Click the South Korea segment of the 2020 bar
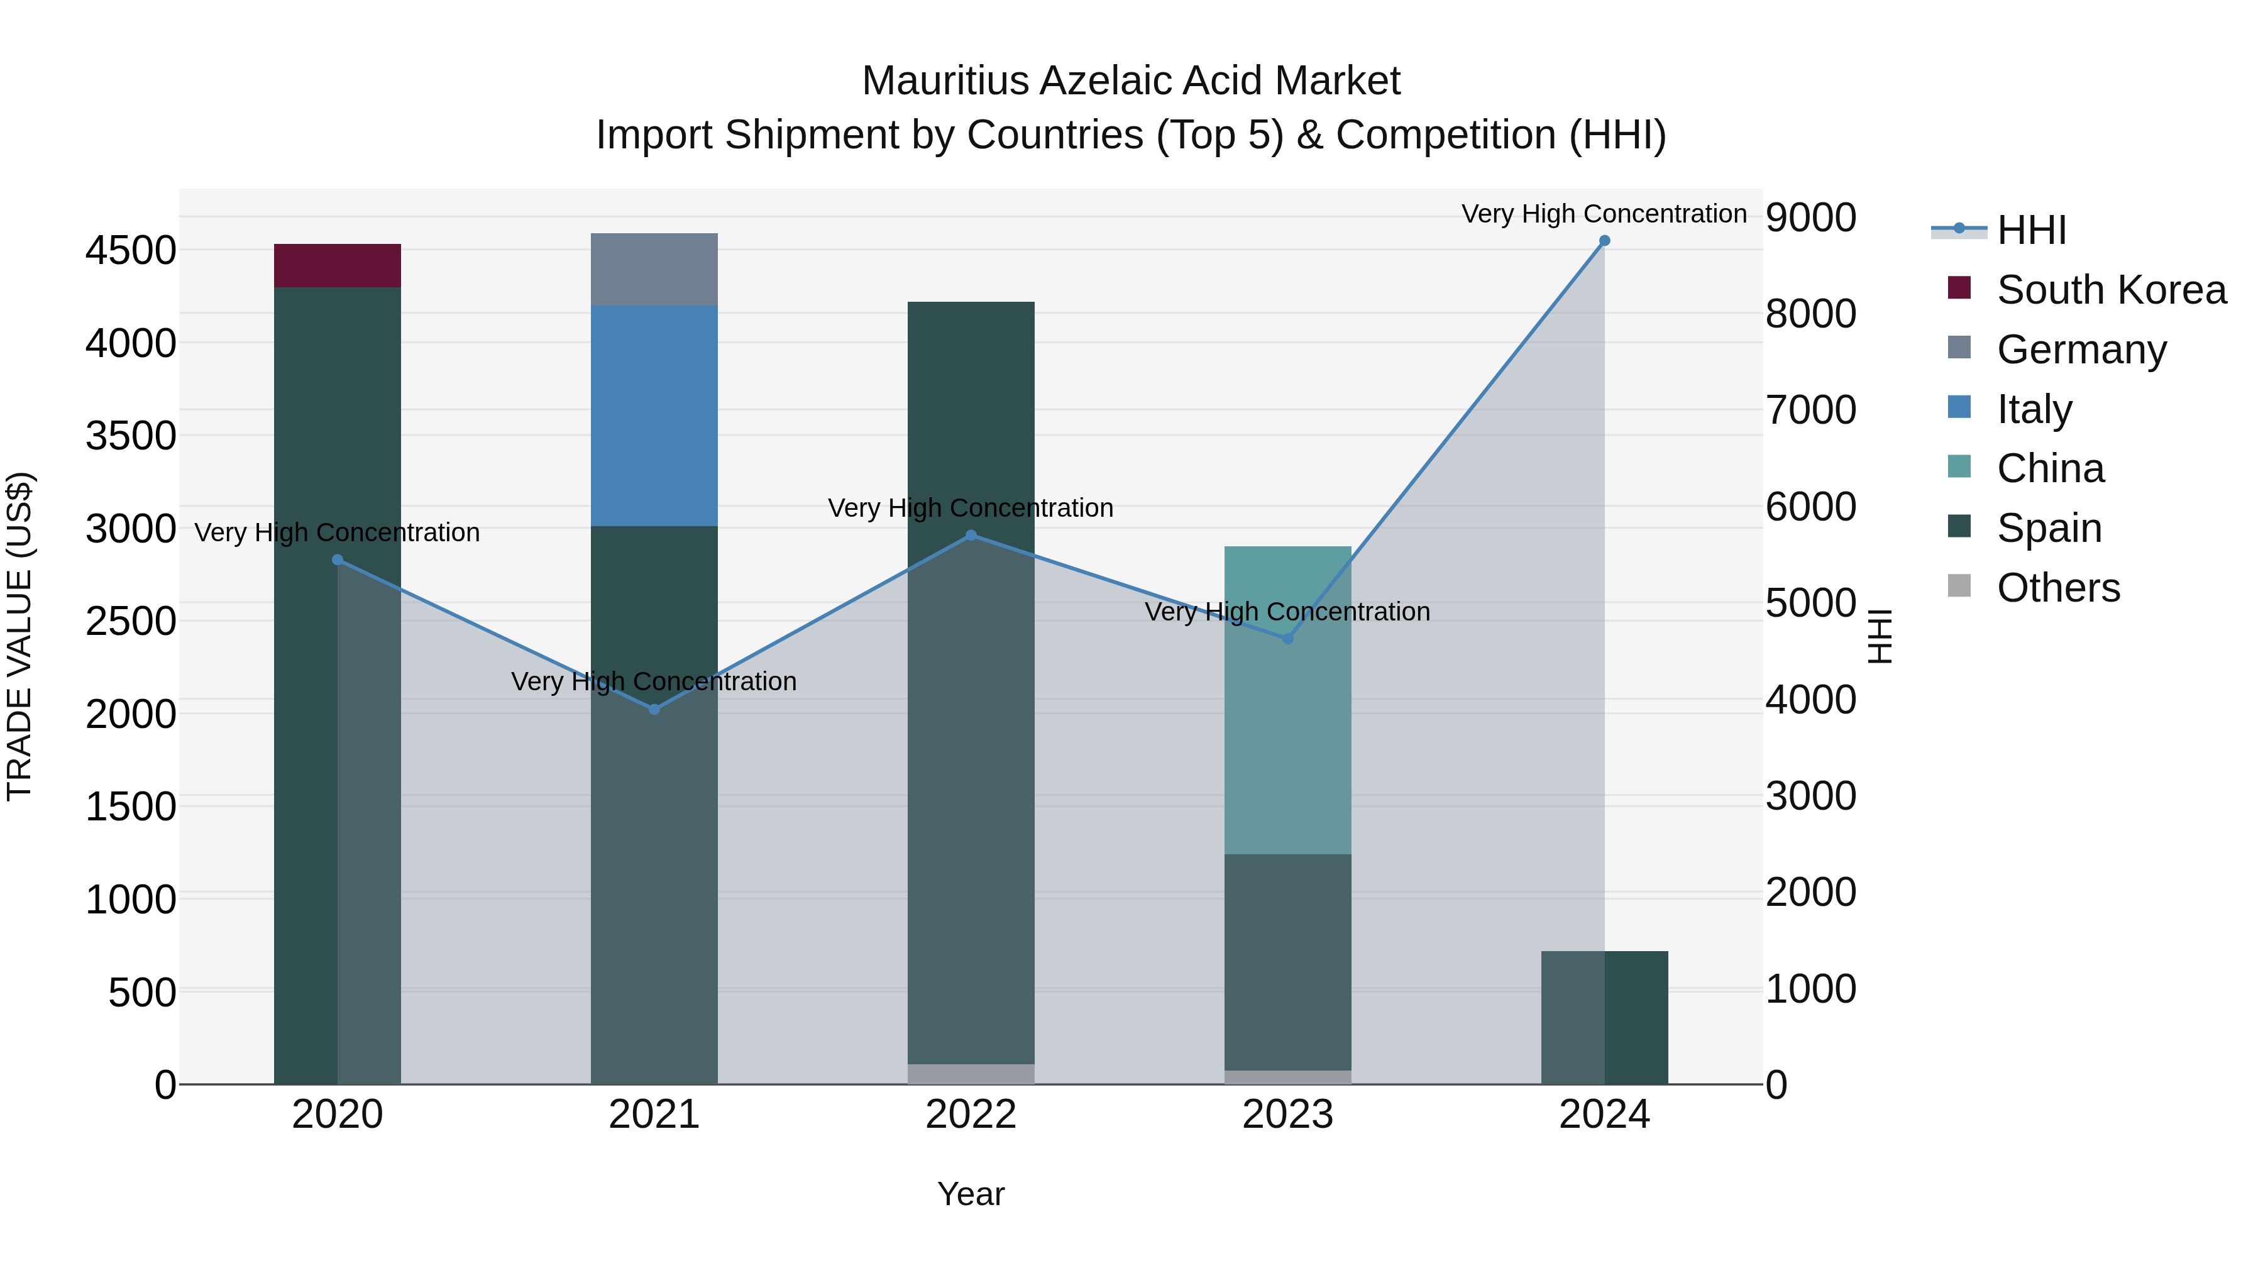pyautogui.click(x=338, y=265)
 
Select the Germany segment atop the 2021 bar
pyautogui.click(x=654, y=269)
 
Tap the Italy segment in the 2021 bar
pyautogui.click(x=654, y=416)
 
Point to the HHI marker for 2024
pyautogui.click(x=1604, y=241)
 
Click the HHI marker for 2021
pyautogui.click(x=654, y=709)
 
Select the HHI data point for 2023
pyautogui.click(x=1288, y=639)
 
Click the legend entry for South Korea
pyautogui.click(x=2110, y=290)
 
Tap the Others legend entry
pyautogui.click(x=2057, y=588)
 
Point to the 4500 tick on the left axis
pyautogui.click(x=131, y=250)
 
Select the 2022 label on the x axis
pyautogui.click(x=971, y=1115)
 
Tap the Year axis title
pyautogui.click(x=971, y=1194)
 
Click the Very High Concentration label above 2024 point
pyautogui.click(x=1604, y=214)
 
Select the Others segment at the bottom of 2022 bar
pyautogui.click(x=971, y=1074)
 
